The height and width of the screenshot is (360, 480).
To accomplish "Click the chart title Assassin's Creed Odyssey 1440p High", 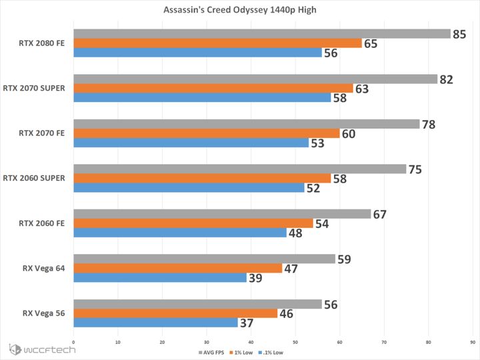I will click(x=239, y=11).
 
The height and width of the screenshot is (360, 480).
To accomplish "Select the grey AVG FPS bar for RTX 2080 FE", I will click(x=262, y=34).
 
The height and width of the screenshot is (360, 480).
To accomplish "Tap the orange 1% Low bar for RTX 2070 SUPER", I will click(x=213, y=88).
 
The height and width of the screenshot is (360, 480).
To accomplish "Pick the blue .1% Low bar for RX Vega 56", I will click(x=155, y=323).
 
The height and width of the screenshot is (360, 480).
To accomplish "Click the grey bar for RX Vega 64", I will click(x=204, y=259).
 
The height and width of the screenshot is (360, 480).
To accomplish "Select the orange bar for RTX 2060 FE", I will click(x=193, y=223).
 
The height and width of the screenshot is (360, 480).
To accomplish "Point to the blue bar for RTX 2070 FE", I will click(x=191, y=143).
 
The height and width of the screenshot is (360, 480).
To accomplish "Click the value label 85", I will click(x=459, y=34).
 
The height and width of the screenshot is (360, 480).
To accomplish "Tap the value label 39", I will click(x=255, y=278).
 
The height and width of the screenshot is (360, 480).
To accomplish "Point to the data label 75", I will click(x=415, y=169).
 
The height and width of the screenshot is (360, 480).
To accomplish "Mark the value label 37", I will click(x=247, y=323).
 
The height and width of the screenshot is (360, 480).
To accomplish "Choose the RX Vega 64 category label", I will click(x=43, y=268).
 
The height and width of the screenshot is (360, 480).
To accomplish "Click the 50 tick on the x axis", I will click(x=295, y=343).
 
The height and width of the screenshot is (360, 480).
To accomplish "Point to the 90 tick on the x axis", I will click(x=473, y=343).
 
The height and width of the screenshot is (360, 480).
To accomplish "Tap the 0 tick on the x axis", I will click(x=73, y=343).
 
